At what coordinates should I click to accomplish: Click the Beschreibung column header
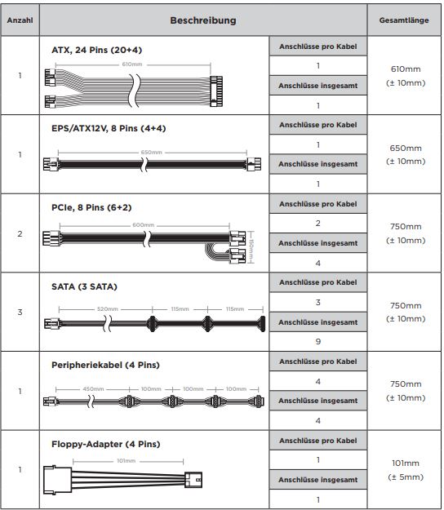(x=203, y=20)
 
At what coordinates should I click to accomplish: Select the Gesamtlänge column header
(x=404, y=20)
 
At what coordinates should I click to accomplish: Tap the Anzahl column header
(x=20, y=20)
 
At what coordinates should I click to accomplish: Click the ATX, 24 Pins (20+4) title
(x=96, y=50)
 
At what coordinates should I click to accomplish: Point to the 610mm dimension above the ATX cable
(x=132, y=64)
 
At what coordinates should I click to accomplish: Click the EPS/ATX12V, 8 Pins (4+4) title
(x=109, y=128)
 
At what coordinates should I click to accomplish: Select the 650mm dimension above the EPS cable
(x=151, y=153)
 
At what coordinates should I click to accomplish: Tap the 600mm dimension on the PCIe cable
(x=144, y=225)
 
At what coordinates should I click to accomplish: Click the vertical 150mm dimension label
(x=251, y=247)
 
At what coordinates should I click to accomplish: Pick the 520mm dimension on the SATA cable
(x=108, y=309)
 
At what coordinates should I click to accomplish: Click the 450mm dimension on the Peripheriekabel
(x=93, y=389)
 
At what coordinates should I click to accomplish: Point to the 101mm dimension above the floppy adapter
(x=127, y=461)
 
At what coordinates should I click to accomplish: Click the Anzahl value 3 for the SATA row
(x=20, y=313)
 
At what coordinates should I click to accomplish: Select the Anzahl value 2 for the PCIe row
(x=20, y=233)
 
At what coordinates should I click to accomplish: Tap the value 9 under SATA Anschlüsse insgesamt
(x=318, y=342)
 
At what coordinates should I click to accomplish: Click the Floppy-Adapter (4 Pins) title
(x=106, y=444)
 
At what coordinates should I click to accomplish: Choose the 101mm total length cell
(x=406, y=470)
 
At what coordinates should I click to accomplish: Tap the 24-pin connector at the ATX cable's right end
(x=216, y=91)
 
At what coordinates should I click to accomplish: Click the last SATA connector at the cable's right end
(x=261, y=324)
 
